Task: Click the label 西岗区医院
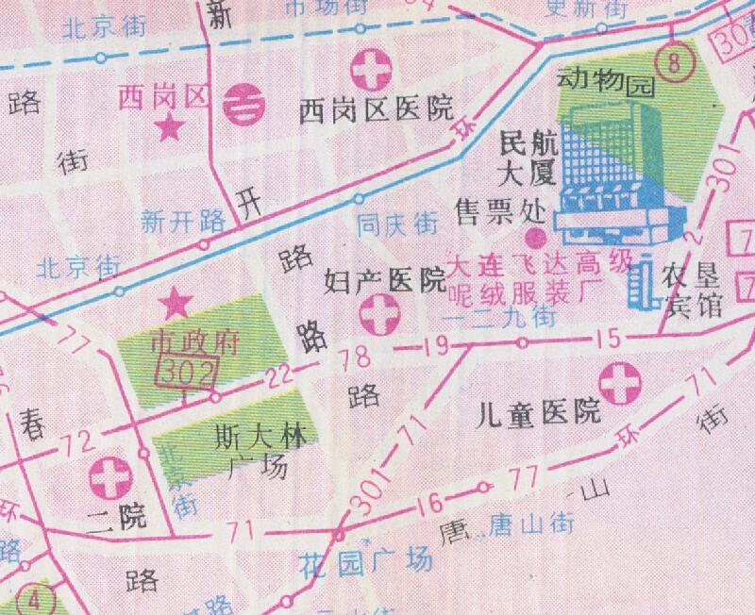[376, 110]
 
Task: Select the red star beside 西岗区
[170, 127]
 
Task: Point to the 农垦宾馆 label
[695, 291]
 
